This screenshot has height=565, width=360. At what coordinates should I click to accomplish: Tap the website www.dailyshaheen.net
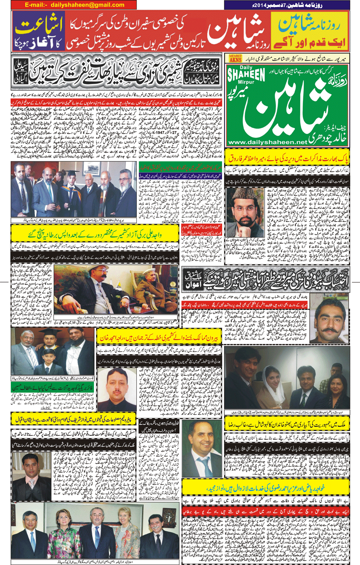[x=268, y=142]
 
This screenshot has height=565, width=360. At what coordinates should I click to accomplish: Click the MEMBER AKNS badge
[x=235, y=58]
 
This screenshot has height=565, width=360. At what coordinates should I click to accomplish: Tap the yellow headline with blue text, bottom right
[x=266, y=488]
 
